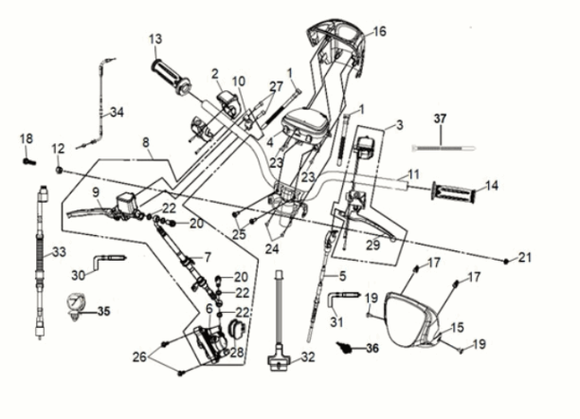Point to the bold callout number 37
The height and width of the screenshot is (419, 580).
coord(439,118)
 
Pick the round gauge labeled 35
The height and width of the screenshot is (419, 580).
coord(74,305)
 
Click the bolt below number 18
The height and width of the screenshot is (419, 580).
coord(27,161)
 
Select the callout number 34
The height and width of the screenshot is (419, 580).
coord(117,112)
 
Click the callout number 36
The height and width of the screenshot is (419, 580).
coord(372,348)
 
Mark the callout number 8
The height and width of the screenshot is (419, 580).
coord(147,143)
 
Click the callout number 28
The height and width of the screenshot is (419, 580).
coord(236,353)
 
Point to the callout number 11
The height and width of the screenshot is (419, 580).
coord(412,175)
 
